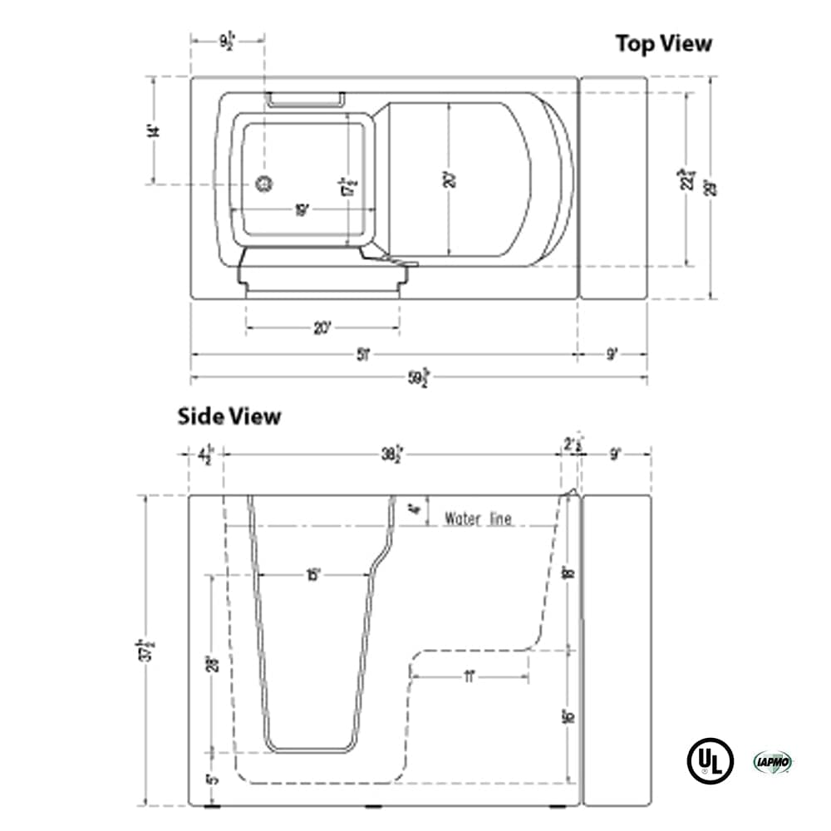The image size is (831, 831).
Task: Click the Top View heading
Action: (x=663, y=43)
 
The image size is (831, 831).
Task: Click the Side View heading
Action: (x=229, y=415)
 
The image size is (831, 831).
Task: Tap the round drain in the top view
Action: (x=264, y=184)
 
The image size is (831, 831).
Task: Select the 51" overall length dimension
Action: (x=362, y=354)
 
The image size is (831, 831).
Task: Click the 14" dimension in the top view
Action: (x=152, y=130)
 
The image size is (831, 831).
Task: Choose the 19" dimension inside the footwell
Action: (x=302, y=211)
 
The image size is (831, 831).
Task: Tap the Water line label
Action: (x=478, y=519)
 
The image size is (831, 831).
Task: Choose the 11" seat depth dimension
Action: (x=470, y=677)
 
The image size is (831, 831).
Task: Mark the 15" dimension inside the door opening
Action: (x=312, y=575)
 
